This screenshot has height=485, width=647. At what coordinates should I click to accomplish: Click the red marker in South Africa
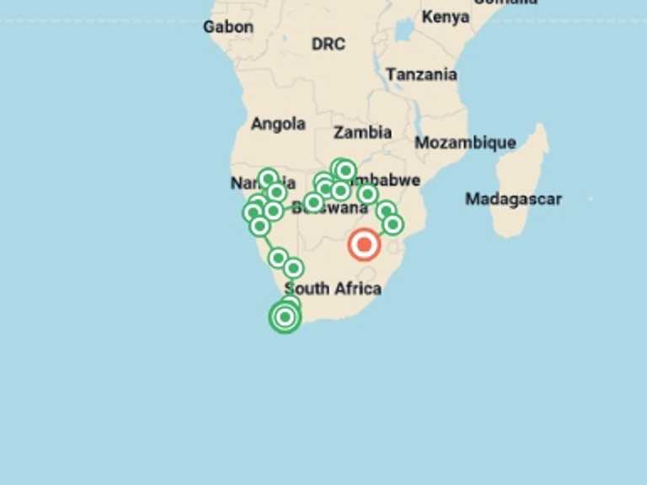pos(364,245)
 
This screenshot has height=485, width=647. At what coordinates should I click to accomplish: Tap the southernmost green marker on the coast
pos(285,317)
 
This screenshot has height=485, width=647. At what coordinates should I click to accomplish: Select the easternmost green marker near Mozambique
pos(393,224)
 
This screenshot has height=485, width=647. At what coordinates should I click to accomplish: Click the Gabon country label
pos(227,27)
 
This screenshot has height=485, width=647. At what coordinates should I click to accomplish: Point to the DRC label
pos(328,44)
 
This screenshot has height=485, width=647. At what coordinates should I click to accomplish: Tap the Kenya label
pos(446,17)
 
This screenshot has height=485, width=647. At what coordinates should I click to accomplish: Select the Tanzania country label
pos(421,74)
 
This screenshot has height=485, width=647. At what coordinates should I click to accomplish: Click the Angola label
pos(278,124)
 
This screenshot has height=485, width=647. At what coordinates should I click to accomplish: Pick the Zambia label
pos(362,132)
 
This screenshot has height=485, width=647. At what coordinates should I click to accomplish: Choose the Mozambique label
pos(465,142)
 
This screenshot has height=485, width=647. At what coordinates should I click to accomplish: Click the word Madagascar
pos(513,200)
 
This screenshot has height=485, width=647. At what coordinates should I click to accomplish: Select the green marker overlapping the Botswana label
pos(313,202)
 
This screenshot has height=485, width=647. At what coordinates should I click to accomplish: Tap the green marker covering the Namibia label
pos(268,179)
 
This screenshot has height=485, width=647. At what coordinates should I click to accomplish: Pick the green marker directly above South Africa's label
pos(293,269)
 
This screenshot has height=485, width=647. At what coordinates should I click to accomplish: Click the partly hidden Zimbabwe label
pos(389,180)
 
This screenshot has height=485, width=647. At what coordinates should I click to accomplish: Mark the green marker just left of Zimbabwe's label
pos(345,171)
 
